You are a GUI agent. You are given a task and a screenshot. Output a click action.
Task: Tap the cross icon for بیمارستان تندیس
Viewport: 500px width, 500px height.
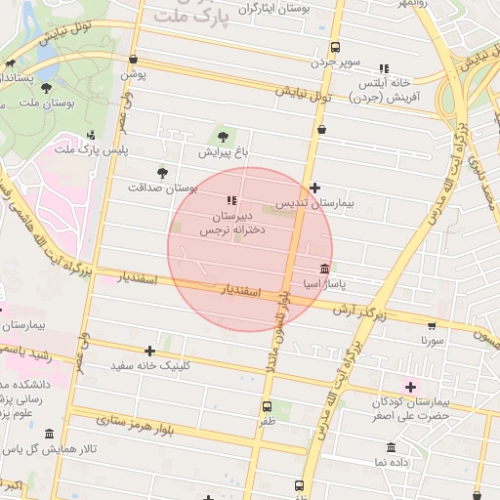[314, 187]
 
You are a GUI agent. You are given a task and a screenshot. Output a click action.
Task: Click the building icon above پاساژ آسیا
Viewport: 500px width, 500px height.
[324, 269]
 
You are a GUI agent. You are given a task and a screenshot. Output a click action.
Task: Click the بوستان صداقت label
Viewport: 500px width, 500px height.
[162, 187]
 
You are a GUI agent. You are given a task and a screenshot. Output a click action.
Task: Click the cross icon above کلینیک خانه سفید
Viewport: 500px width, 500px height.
[149, 351]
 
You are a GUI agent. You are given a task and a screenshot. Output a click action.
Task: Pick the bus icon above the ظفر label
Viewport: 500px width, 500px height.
[267, 406]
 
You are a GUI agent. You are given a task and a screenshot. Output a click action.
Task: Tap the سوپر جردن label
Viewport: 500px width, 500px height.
[336, 62]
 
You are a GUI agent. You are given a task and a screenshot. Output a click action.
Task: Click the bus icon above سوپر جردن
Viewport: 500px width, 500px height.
[336, 47]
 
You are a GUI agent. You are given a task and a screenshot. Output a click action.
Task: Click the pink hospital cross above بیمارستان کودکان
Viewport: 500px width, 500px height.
[410, 387]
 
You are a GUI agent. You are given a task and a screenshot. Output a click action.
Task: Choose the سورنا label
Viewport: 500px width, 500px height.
[433, 342]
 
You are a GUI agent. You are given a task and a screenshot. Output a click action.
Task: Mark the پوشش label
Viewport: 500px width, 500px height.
[134, 73]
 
